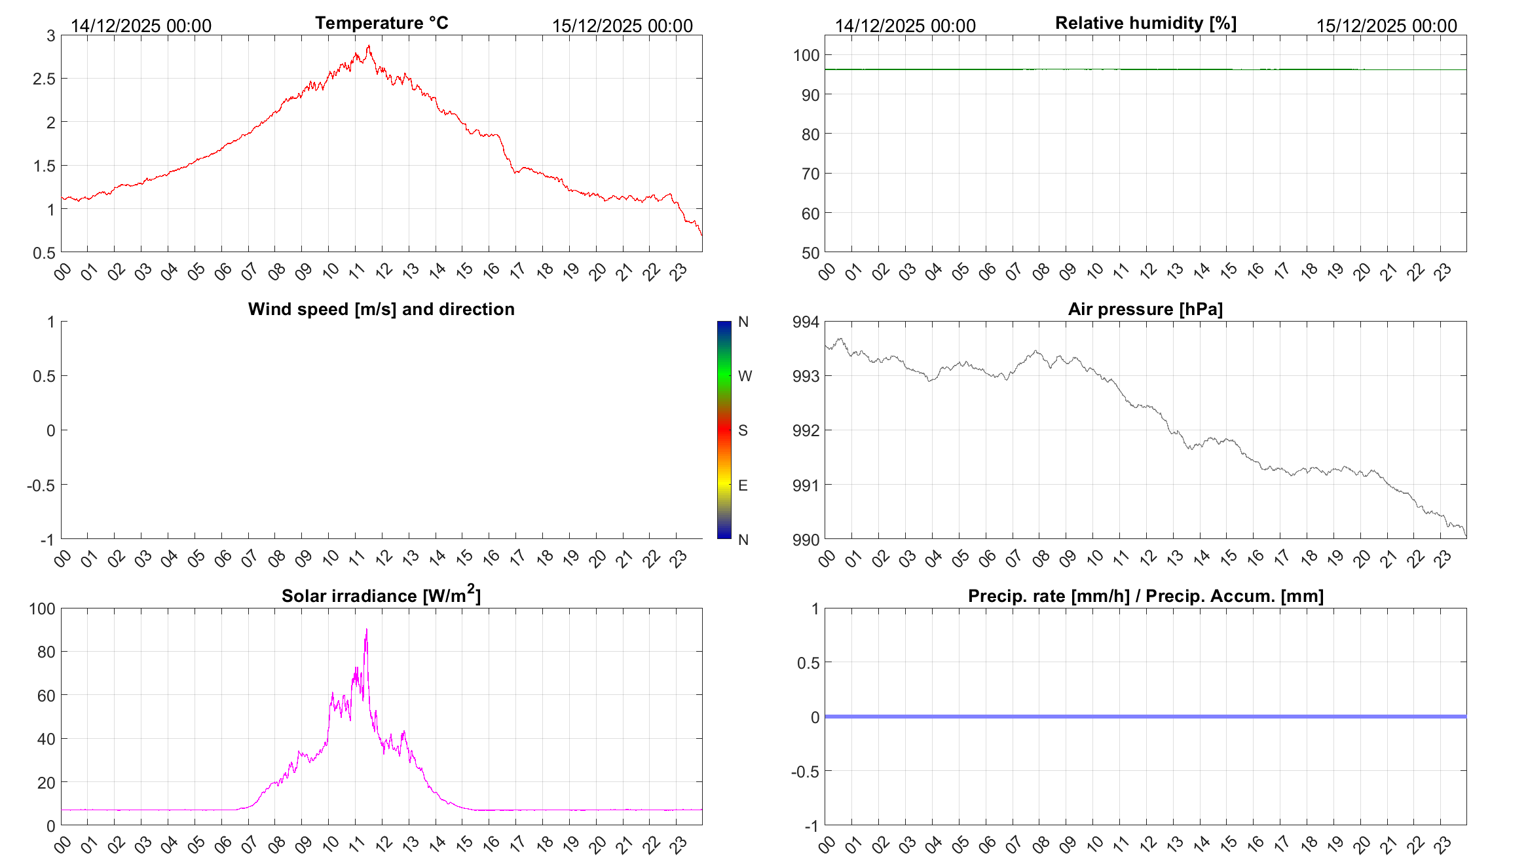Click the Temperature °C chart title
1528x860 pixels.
(381, 23)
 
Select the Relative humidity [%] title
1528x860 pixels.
(1146, 23)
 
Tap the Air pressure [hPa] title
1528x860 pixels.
(1145, 309)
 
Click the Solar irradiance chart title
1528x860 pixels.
(381, 595)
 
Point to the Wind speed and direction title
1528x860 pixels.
(381, 309)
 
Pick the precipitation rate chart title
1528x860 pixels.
(1146, 596)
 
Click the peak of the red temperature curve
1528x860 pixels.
(369, 46)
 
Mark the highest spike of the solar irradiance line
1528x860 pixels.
(367, 629)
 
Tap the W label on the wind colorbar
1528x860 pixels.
(745, 376)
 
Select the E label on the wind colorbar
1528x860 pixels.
(743, 485)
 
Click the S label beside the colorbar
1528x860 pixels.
(743, 430)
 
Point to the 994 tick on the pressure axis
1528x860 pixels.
(806, 322)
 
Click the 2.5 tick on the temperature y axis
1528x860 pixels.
(45, 79)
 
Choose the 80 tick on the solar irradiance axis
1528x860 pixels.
(47, 652)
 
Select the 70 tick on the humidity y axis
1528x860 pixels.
(810, 174)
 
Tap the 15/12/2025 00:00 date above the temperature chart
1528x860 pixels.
(622, 26)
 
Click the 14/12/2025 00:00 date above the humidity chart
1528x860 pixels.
(905, 26)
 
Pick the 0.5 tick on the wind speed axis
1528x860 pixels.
(45, 376)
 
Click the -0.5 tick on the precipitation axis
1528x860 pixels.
(806, 772)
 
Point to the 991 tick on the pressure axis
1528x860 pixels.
(806, 485)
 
